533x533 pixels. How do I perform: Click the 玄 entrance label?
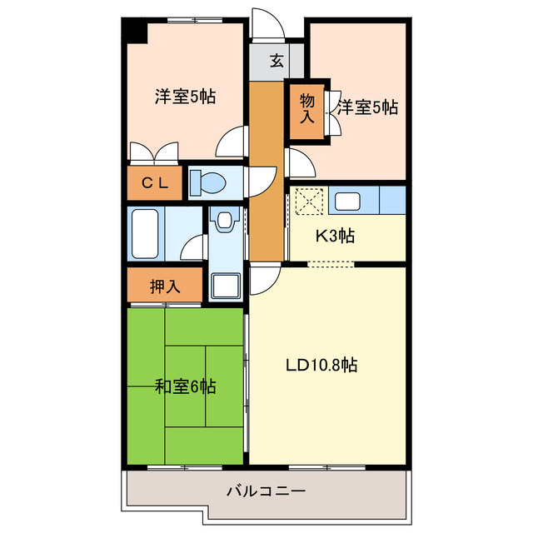tap(276, 60)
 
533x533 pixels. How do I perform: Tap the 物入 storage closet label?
tap(307, 107)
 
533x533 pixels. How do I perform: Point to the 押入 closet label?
tap(165, 287)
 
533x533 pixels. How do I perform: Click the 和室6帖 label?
tap(185, 386)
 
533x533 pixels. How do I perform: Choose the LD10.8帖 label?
tap(321, 365)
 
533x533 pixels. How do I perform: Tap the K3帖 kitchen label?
tap(334, 236)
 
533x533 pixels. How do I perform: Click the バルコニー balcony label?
tap(266, 491)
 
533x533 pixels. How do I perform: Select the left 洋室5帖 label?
tap(185, 97)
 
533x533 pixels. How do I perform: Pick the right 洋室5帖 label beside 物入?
tap(367, 107)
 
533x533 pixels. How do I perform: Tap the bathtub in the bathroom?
tap(146, 233)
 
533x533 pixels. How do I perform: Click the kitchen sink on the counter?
tap(346, 200)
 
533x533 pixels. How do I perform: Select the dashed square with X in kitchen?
tap(307, 202)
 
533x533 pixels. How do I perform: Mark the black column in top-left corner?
tap(134, 32)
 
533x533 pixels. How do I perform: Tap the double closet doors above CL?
tap(154, 152)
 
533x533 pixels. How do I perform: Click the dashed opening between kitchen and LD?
tap(331, 264)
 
